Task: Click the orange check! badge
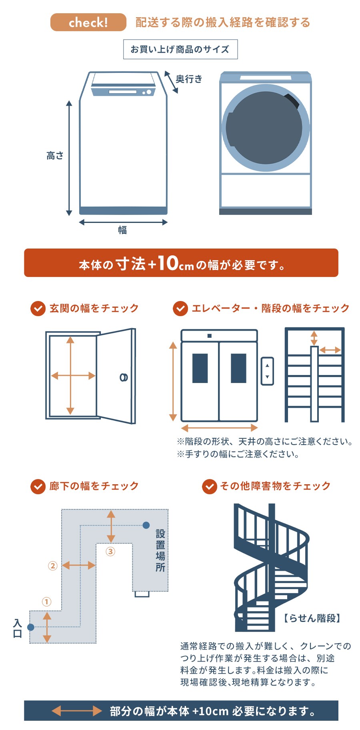coord(88,22)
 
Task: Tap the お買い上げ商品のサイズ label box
coord(180,49)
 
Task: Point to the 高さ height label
coord(55,156)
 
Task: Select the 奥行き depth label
coord(189,79)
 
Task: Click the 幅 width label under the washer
coord(122,230)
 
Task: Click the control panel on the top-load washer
coord(123,92)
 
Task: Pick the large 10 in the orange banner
coord(167,263)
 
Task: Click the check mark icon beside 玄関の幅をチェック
coord(38,309)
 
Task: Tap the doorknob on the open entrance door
coord(124,377)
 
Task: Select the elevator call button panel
coord(267,371)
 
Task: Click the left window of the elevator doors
coord(200,368)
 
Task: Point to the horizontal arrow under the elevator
coord(219,428)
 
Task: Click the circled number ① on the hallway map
coord(46,602)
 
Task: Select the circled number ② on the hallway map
coord(53,566)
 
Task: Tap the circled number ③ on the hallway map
coord(110,552)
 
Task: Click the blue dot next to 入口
coord(31,627)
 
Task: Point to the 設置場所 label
coord(160,551)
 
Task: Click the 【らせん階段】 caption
coord(312,618)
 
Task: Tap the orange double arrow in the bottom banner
coord(77,711)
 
